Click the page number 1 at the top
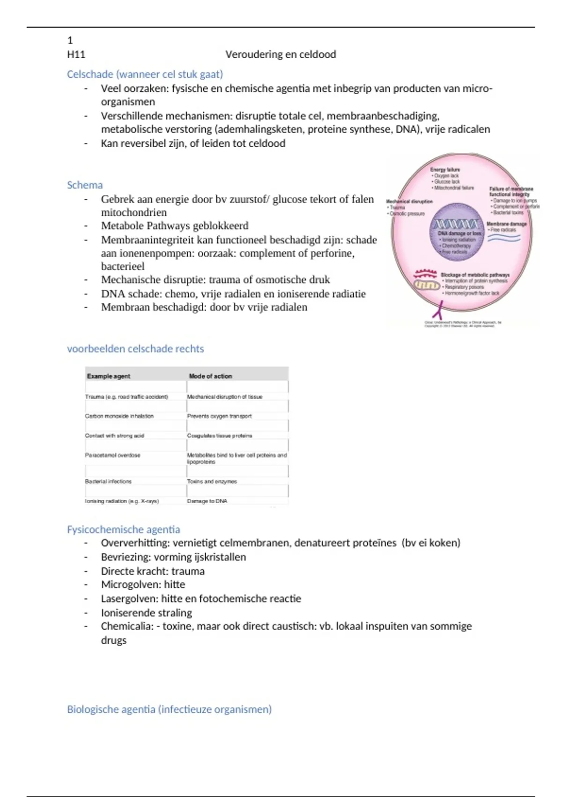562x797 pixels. tap(70, 40)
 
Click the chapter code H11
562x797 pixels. tap(76, 54)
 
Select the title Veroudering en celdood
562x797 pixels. tap(281, 54)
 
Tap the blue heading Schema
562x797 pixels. tap(85, 185)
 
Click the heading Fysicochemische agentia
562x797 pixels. tap(123, 529)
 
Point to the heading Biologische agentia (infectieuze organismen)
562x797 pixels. tap(169, 709)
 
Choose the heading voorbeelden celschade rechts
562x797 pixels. tap(135, 349)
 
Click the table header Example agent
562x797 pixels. tap(109, 376)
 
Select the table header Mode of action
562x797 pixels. tap(210, 376)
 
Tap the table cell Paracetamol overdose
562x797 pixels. tap(112, 455)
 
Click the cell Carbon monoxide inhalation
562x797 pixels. tap(119, 416)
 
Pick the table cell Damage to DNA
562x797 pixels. tap(207, 501)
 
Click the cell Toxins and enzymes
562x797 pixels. tap(212, 481)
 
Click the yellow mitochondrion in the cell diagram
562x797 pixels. tap(426, 285)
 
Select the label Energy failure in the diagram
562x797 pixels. tap(445, 170)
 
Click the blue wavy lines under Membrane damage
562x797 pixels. tap(504, 238)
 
